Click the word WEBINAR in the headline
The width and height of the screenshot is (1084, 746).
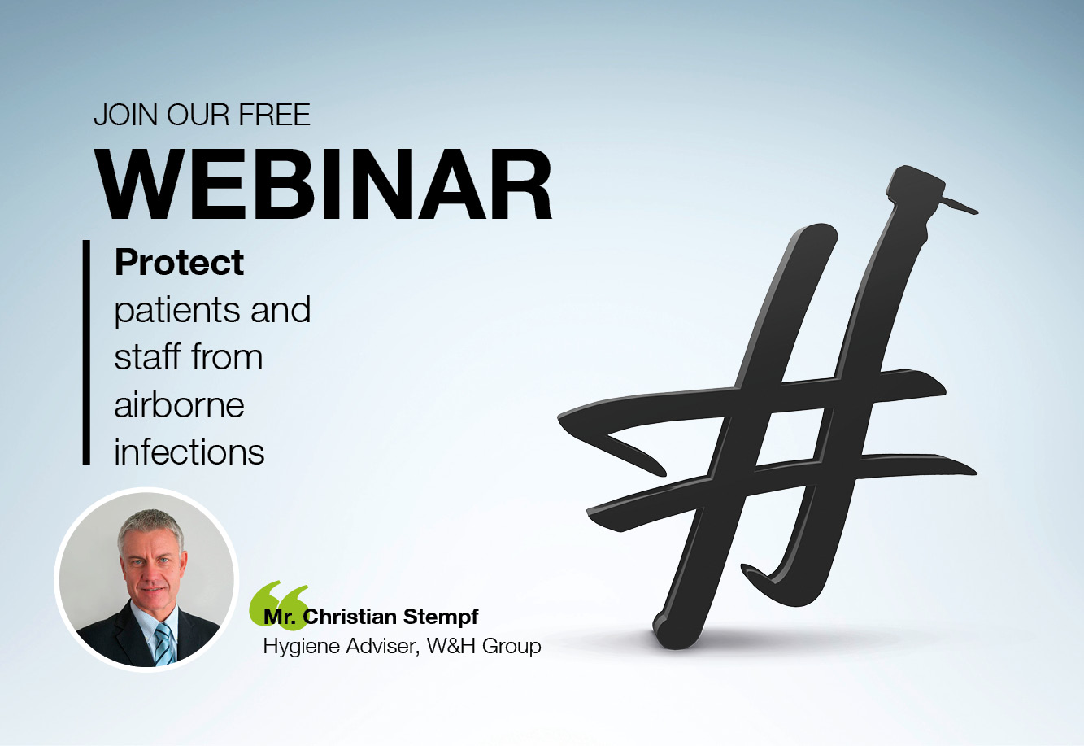pos(324,184)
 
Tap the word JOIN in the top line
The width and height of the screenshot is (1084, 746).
pos(126,115)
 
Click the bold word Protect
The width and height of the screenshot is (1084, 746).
pos(179,263)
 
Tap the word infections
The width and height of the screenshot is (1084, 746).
pos(189,452)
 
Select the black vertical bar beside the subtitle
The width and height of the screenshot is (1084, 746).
pos(86,352)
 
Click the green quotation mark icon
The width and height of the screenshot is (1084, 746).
pos(278,605)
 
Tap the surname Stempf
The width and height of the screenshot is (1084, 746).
pos(441,617)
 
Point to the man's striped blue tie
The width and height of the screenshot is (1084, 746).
pos(164,644)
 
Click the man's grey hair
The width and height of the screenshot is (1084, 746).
pos(152,526)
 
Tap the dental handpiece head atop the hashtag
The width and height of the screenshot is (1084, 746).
pos(916,187)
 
